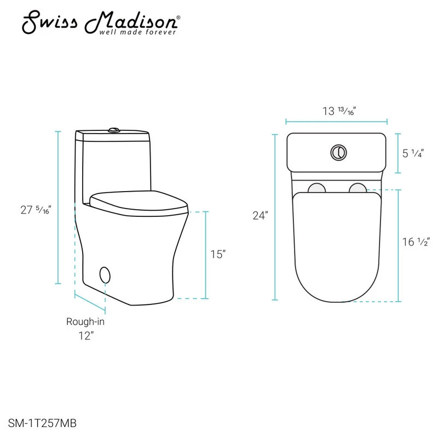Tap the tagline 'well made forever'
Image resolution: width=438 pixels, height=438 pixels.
point(137,32)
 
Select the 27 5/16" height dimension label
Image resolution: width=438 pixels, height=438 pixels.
point(36,210)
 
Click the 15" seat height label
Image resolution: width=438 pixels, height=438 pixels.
point(218,254)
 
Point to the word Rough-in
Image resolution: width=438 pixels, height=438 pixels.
point(85,321)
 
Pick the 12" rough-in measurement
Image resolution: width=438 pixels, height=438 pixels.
point(86,336)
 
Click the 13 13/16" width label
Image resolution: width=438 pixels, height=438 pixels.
point(339,111)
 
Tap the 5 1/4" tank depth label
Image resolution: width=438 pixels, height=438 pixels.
point(413,153)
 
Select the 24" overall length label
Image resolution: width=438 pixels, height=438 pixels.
point(260,216)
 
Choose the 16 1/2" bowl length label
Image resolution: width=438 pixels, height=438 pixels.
point(416,242)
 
